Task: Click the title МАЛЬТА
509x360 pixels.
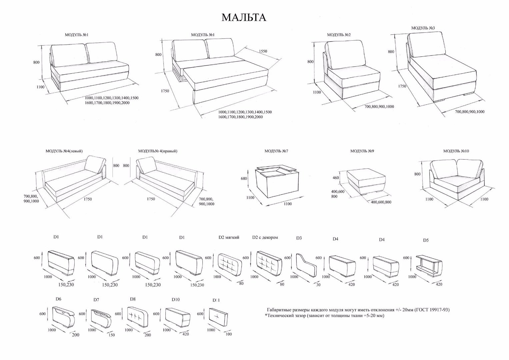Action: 244,17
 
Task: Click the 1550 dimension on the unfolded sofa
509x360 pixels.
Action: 262,51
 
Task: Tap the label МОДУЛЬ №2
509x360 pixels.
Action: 339,35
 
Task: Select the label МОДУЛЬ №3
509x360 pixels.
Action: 423,28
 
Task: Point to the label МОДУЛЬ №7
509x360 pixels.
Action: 276,151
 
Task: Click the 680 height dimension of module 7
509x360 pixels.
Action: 244,178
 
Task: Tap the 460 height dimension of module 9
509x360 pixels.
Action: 336,178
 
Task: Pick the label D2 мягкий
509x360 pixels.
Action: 229,238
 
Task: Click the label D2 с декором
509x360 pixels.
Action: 265,238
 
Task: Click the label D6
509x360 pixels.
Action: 58,299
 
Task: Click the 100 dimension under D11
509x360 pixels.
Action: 229,334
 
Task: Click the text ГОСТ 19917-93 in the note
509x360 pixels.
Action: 433,310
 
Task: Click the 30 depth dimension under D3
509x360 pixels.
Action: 318,285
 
